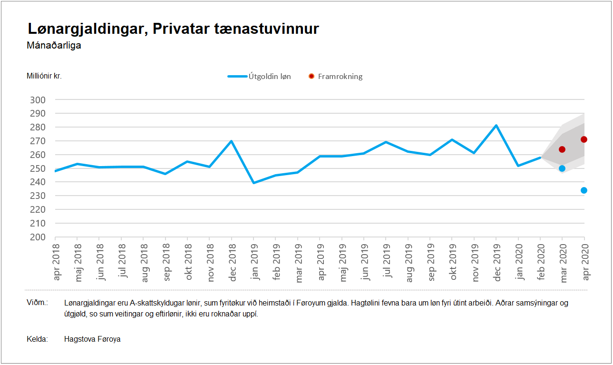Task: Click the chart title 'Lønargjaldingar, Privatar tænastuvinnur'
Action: [x=173, y=29]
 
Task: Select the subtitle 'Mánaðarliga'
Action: [x=54, y=46]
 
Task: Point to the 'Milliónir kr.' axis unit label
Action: [x=44, y=76]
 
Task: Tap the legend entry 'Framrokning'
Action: [x=340, y=76]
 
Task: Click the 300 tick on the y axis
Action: [x=38, y=100]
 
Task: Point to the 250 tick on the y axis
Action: [x=38, y=168]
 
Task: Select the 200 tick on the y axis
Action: [x=38, y=237]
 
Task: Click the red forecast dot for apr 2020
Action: [x=584, y=139]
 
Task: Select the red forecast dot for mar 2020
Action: [x=562, y=149]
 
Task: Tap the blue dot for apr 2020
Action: [x=584, y=190]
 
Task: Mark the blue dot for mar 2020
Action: [x=562, y=168]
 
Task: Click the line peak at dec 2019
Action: [x=496, y=126]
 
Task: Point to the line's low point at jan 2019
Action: [x=253, y=183]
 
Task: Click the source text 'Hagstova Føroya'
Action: [x=92, y=339]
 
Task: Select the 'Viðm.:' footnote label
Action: [x=37, y=303]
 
